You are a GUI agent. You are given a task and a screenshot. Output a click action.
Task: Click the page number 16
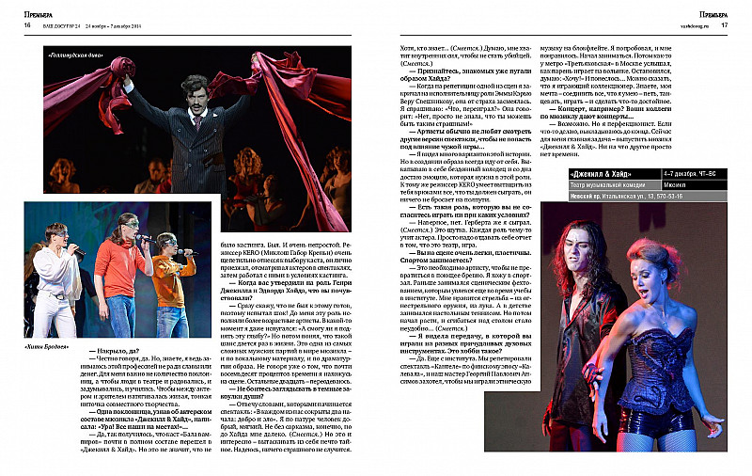tap(15, 25)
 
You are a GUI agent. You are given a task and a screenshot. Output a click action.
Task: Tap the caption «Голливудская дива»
tap(72, 55)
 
